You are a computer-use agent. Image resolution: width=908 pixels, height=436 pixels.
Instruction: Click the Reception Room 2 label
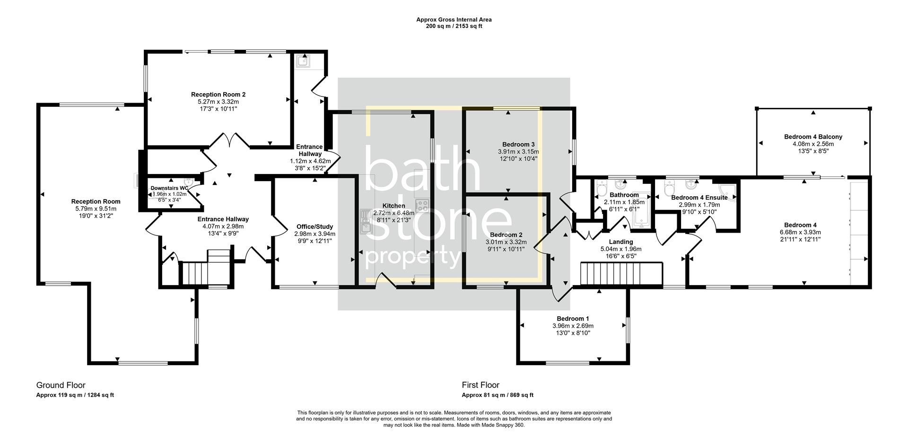[x=218, y=95]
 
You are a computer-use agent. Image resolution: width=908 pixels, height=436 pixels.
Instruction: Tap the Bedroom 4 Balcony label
[x=813, y=137]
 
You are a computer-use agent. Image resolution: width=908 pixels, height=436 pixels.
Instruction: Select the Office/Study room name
[x=314, y=227]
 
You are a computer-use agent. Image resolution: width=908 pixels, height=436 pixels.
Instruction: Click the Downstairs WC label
[x=169, y=188]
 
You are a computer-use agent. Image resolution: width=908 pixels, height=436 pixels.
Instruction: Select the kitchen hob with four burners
[x=421, y=205]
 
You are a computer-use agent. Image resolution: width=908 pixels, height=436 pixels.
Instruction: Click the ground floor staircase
[x=195, y=274]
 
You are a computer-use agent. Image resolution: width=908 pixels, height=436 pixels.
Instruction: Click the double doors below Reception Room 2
[x=229, y=140]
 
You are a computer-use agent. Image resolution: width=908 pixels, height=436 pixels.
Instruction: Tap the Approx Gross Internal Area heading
[x=454, y=19]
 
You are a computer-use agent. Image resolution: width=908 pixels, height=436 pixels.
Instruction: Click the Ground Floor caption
[x=61, y=385]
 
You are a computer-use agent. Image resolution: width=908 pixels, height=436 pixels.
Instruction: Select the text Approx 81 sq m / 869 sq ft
[x=498, y=395]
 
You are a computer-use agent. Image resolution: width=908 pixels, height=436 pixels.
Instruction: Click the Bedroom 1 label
[x=572, y=319]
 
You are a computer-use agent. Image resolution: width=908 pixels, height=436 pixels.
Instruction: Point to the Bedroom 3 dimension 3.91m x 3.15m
[x=518, y=152]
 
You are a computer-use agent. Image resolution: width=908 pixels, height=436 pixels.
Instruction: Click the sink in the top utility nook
[x=302, y=61]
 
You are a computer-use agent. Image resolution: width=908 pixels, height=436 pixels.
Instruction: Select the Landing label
[x=620, y=242]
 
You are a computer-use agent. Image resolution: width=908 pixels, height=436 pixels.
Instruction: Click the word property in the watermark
[x=413, y=257]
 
